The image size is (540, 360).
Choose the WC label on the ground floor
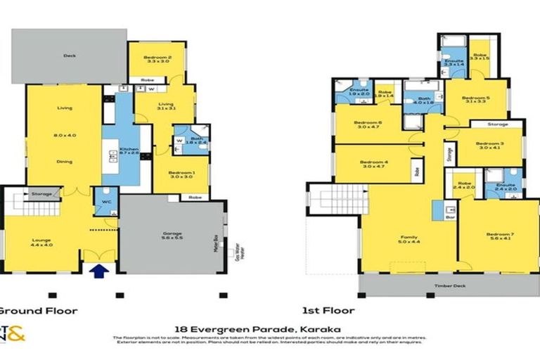106,202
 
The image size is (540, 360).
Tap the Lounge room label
37,240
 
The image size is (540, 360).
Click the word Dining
65,161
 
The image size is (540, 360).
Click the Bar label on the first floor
449,218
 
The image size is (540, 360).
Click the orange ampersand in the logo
16,337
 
